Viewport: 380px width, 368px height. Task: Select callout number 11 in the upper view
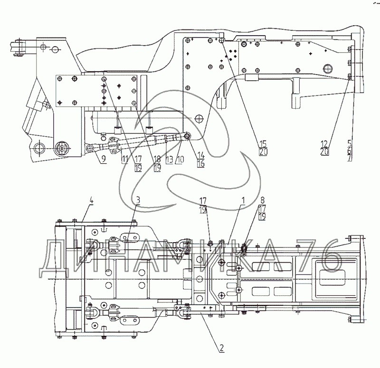click(x=124, y=160)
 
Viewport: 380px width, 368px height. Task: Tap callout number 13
click(x=168, y=160)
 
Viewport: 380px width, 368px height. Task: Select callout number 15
click(x=263, y=143)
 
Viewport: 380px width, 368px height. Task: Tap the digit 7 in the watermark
click(x=306, y=259)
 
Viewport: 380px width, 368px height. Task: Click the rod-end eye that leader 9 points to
click(x=90, y=149)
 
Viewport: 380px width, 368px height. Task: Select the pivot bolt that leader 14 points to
click(x=188, y=136)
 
